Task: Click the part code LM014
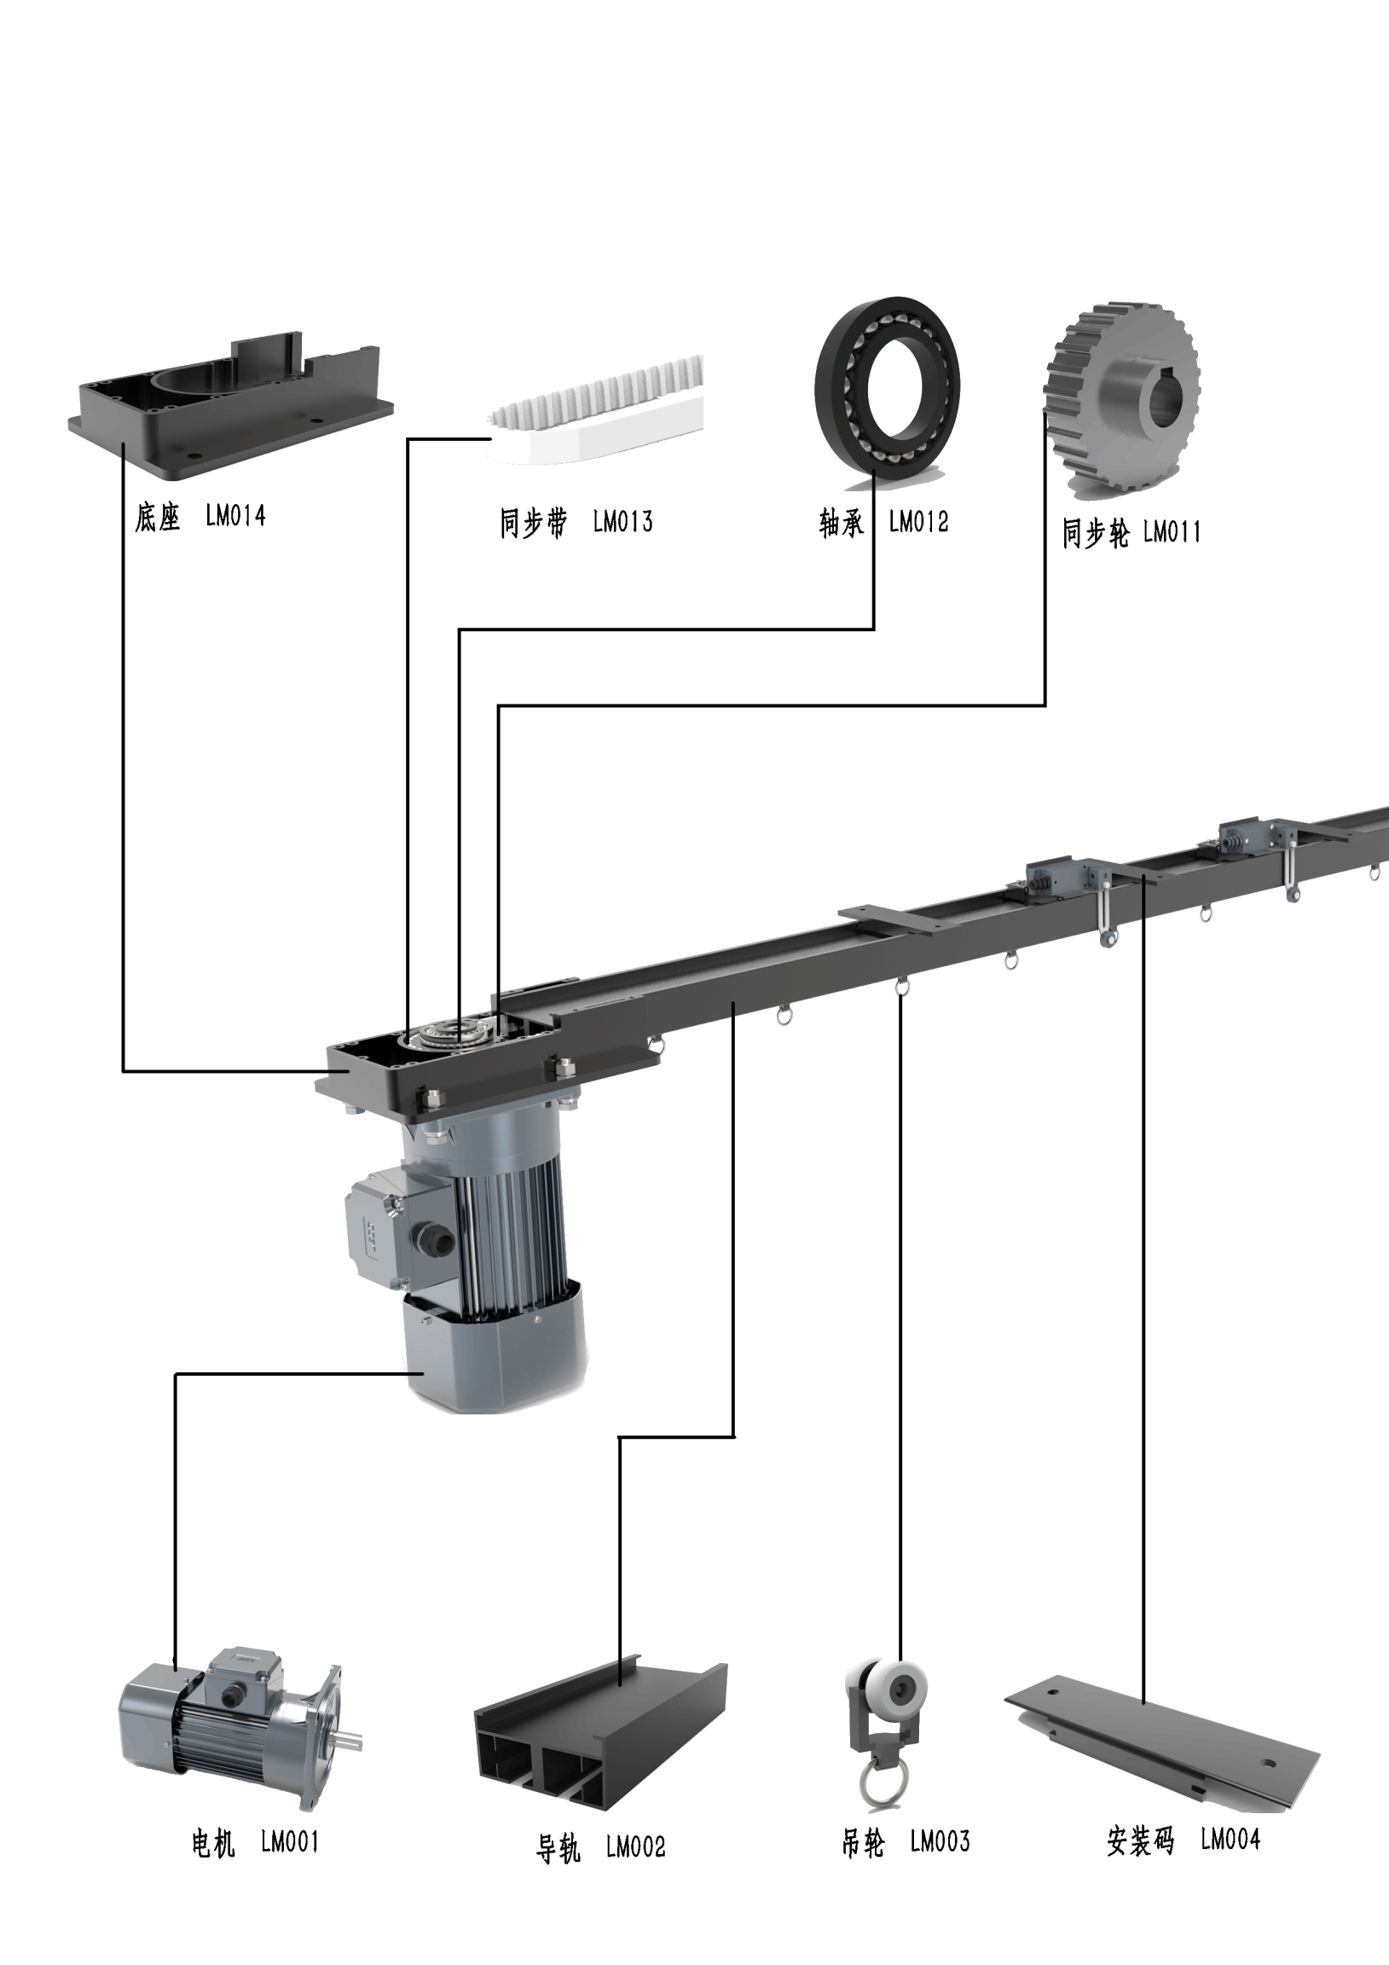point(235,516)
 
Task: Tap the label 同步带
point(533,522)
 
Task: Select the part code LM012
point(918,522)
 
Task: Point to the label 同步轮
point(1096,533)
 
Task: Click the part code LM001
point(289,1841)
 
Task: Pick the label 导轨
point(558,1848)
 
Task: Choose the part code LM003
point(940,1841)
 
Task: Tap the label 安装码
point(1140,1840)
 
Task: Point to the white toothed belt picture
point(599,411)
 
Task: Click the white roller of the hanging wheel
point(899,1687)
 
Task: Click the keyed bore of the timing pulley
point(1161,400)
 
